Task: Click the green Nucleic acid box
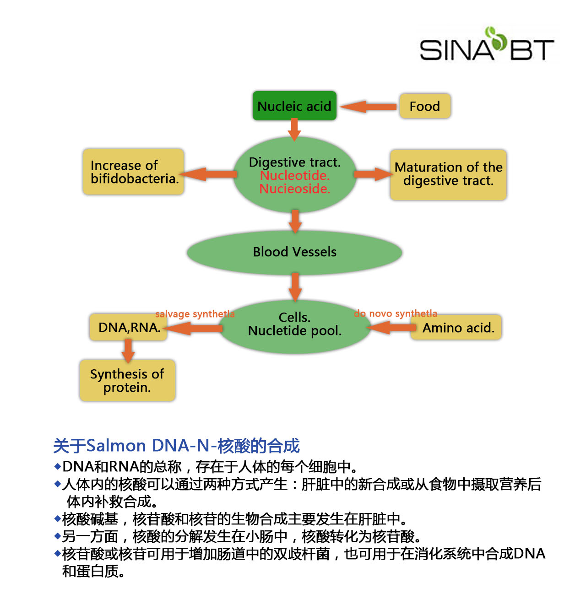pos(294,106)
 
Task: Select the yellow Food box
pos(425,106)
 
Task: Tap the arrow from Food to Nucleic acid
pos(368,107)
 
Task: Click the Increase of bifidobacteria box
pos(133,172)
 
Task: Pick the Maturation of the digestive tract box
pos(448,175)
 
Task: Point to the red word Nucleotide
pos(295,176)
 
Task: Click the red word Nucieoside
pos(295,189)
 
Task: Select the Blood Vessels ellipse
pos(294,252)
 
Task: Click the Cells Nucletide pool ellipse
pos(295,327)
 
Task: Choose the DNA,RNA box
pos(128,327)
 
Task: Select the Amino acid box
pos(456,328)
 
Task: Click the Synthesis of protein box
pos(127,380)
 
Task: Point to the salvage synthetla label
pos(195,314)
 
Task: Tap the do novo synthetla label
pos(396,313)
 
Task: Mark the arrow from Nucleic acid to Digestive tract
pos(294,130)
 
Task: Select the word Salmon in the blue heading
pos(116,445)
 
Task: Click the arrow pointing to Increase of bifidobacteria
pos(207,174)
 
